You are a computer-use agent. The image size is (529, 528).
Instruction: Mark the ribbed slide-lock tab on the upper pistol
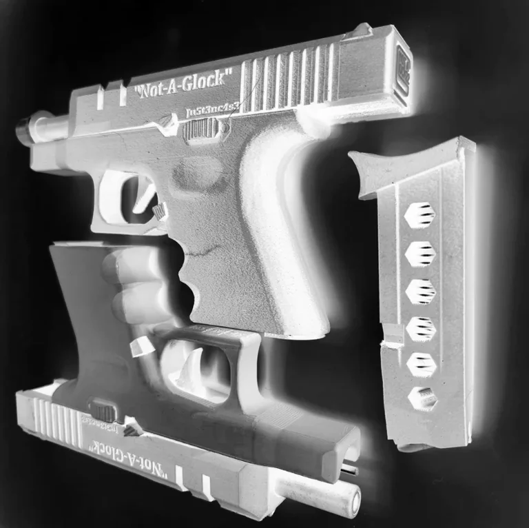(x=200, y=129)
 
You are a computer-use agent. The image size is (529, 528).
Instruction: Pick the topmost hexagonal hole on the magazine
(x=419, y=216)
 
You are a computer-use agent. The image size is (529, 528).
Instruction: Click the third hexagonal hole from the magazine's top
(x=419, y=291)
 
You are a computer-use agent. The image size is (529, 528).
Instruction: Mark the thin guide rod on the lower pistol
(x=350, y=470)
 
